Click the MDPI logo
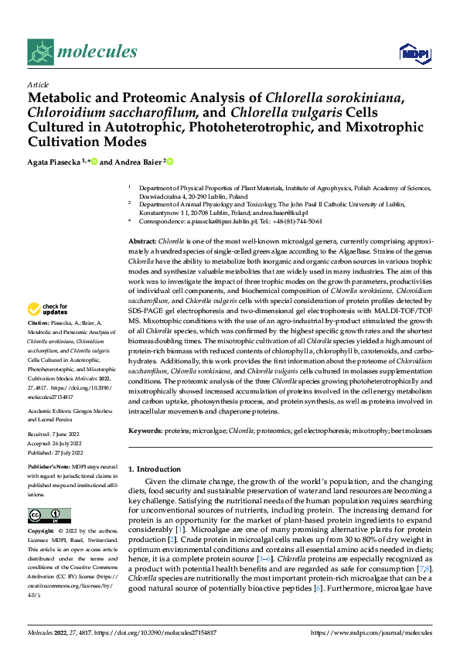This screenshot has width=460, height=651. (x=411, y=53)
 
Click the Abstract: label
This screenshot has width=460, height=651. (x=142, y=242)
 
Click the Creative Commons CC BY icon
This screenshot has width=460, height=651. (x=49, y=515)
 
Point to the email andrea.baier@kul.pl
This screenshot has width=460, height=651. (x=281, y=212)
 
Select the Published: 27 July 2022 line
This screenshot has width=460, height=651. (x=60, y=454)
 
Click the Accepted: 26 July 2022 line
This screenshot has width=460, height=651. (x=59, y=445)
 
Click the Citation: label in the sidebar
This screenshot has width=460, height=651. (x=38, y=344)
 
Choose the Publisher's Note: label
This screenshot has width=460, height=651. (x=48, y=469)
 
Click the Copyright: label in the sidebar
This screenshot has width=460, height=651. (x=41, y=531)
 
